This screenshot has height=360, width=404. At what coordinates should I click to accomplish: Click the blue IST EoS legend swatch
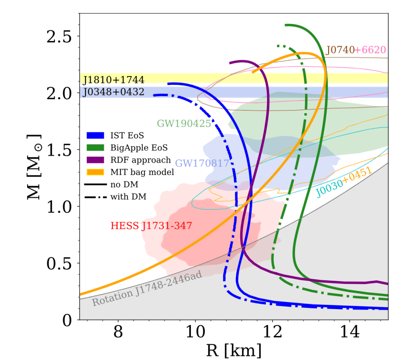[x=95, y=135]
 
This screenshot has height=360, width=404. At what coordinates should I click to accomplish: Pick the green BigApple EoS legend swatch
[x=95, y=148]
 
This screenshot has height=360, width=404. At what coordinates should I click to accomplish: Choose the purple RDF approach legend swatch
[x=95, y=160]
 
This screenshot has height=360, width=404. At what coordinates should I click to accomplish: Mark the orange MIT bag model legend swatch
[x=95, y=172]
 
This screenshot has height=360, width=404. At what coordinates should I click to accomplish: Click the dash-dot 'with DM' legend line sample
[x=95, y=197]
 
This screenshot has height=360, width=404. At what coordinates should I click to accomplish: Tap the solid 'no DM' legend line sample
[x=95, y=185]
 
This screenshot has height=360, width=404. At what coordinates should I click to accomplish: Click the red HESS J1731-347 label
[x=151, y=226]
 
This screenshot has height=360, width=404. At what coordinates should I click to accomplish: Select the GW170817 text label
[x=202, y=163]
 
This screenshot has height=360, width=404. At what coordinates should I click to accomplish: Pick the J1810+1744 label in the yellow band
[x=114, y=80]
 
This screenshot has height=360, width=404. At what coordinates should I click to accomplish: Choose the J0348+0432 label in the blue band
[x=114, y=93]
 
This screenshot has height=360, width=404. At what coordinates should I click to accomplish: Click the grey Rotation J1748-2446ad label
[x=147, y=289]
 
